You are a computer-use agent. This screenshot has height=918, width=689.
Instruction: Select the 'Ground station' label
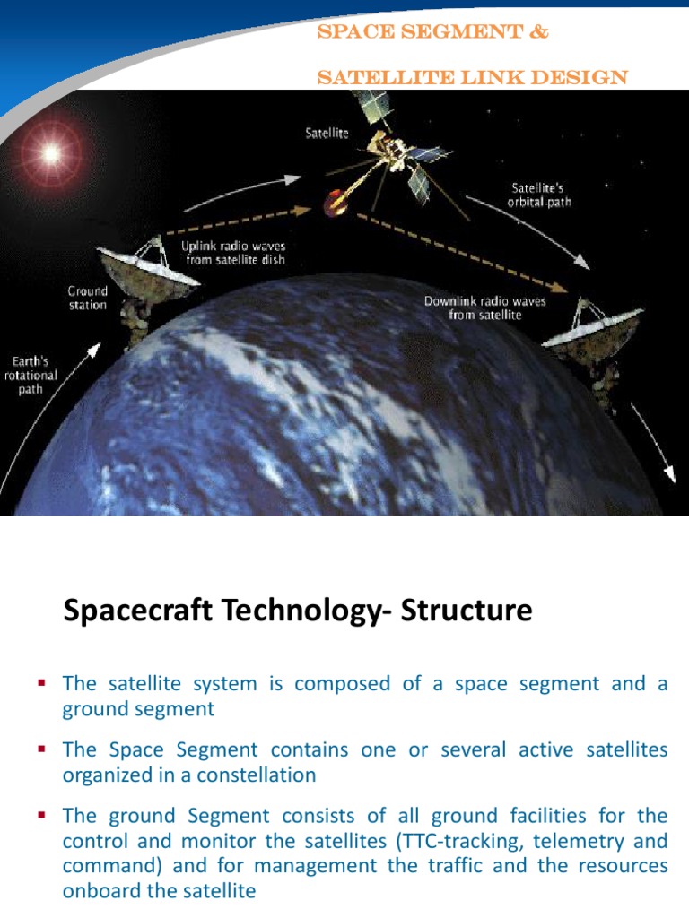(87, 298)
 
